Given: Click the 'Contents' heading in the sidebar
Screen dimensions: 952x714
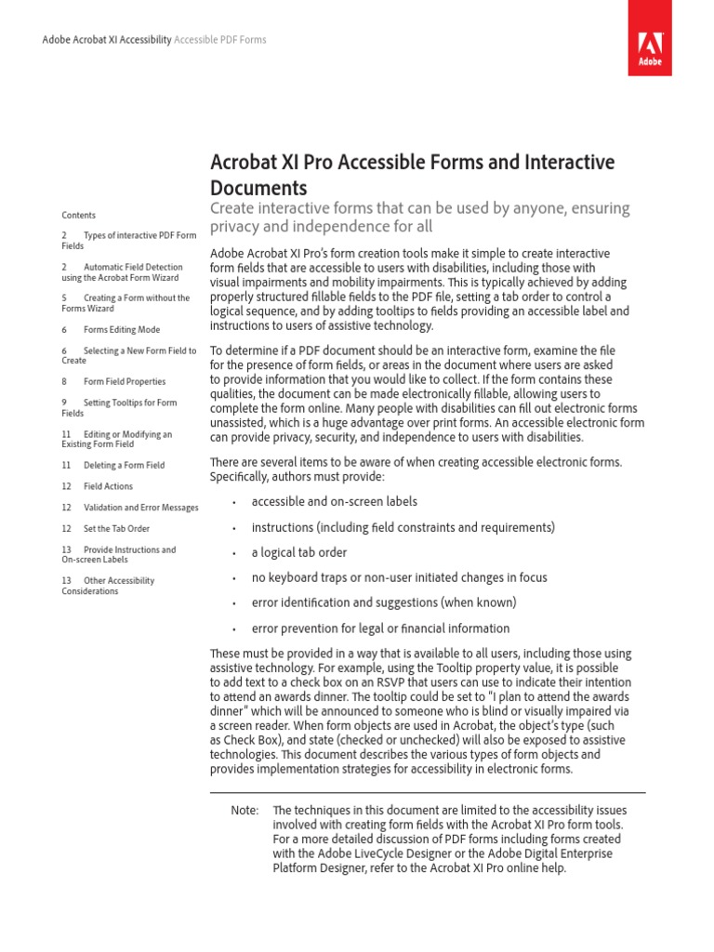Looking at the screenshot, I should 79,215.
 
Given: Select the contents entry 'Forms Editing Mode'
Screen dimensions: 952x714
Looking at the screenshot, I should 122,329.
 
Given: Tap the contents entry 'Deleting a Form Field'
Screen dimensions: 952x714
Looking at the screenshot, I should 124,465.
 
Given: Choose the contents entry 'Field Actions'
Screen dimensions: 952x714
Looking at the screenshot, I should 108,486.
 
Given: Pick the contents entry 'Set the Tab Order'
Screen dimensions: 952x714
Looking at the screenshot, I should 116,528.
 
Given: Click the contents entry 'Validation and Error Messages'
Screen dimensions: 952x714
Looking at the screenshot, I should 140,508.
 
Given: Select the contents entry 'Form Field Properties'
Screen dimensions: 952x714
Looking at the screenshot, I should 125,381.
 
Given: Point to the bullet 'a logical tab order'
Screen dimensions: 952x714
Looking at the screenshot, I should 298,552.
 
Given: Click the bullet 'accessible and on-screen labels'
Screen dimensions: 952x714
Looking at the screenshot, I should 334,502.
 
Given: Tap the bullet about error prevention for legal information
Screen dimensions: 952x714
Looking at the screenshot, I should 380,628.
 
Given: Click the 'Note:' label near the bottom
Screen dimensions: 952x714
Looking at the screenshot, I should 245,811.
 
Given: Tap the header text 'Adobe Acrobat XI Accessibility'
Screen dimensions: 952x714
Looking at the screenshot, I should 108,41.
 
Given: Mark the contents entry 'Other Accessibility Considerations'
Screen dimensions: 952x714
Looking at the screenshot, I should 108,586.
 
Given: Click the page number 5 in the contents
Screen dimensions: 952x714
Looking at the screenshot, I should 64,298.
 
